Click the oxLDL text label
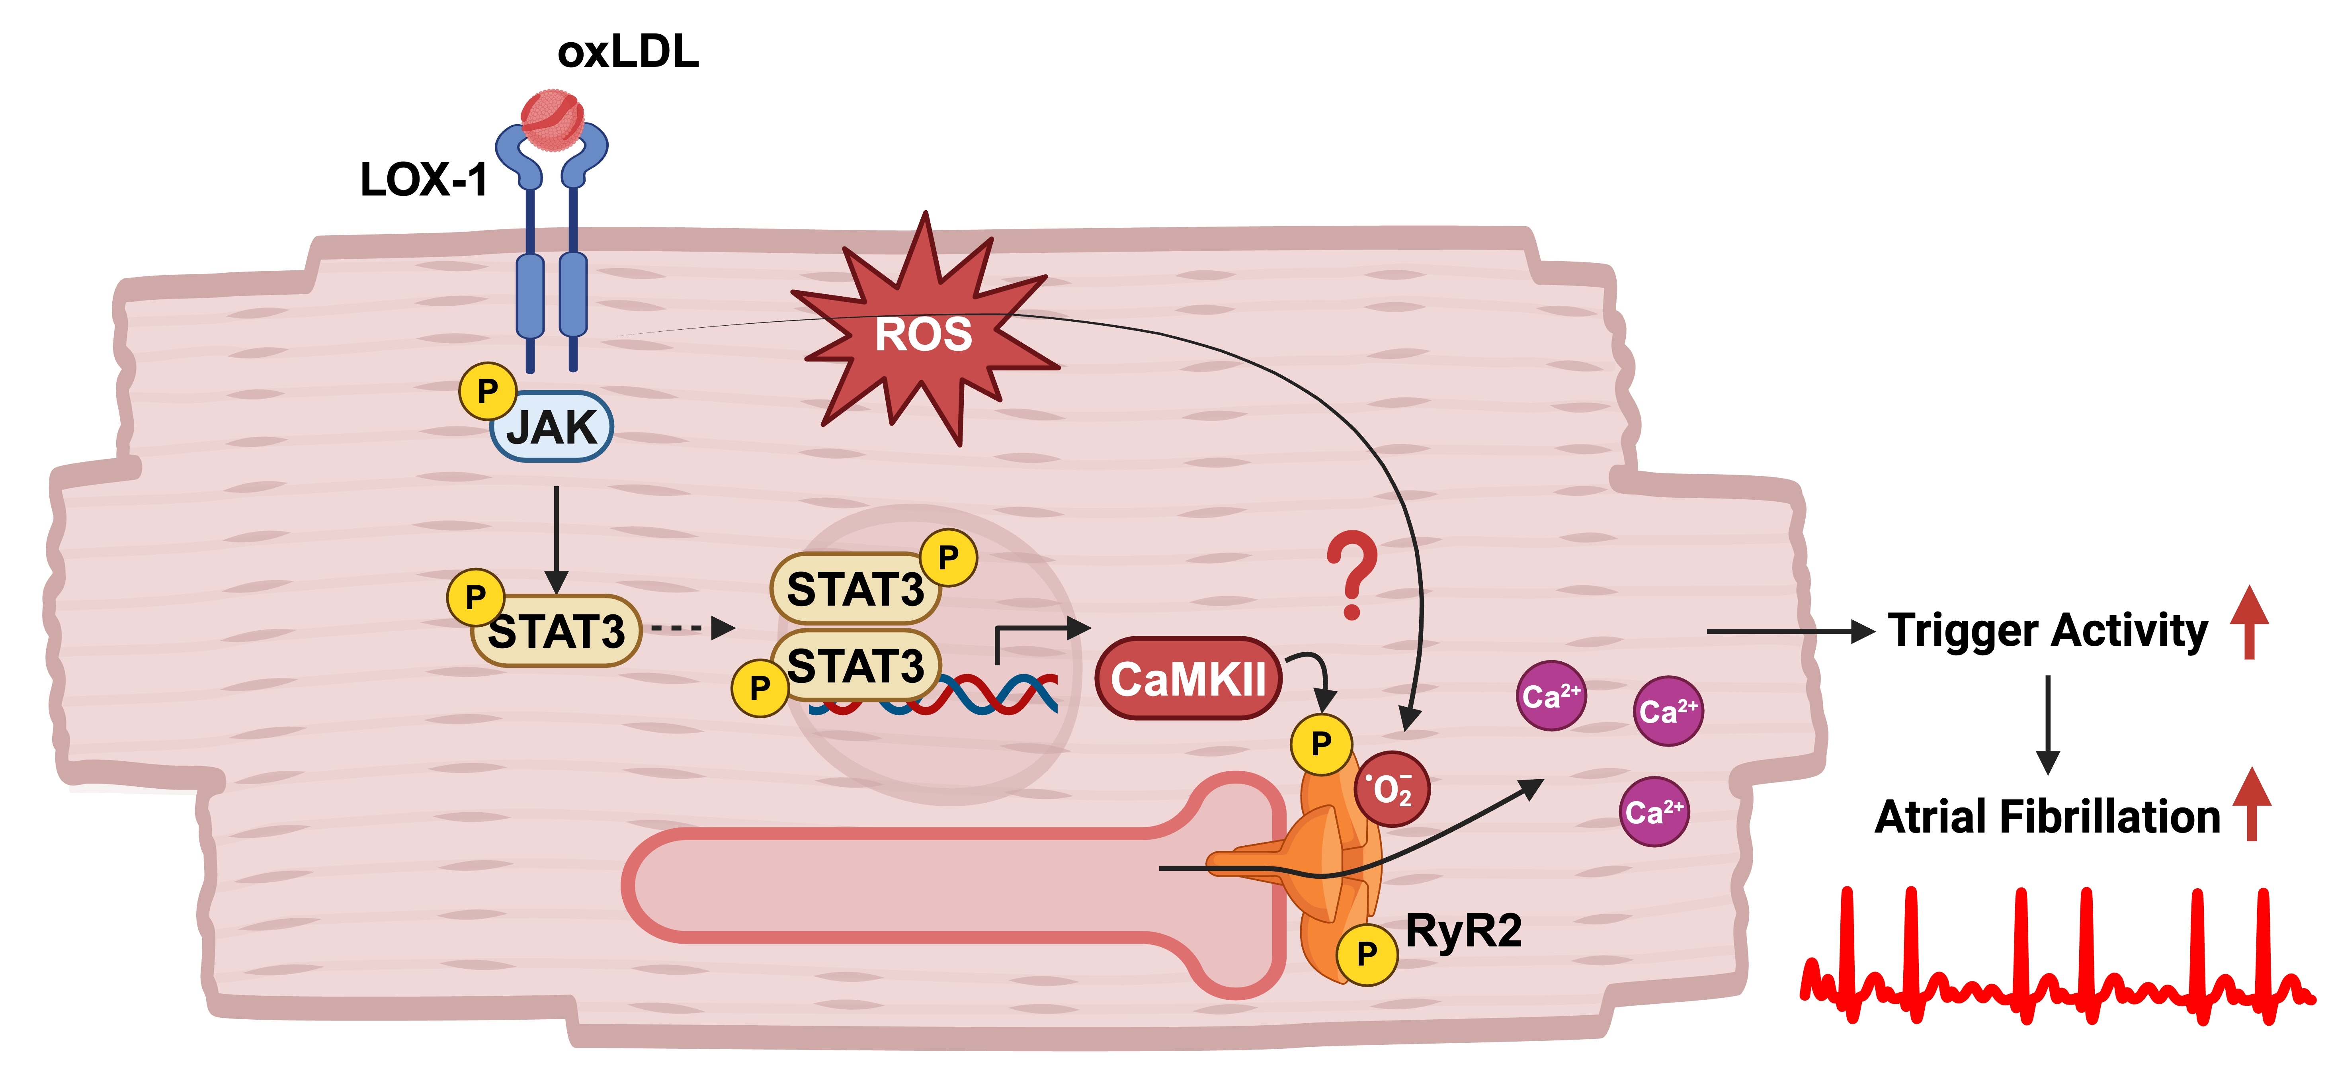(628, 52)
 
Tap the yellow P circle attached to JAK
(488, 391)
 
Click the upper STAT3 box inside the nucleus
(855, 589)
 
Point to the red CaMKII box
(1187, 678)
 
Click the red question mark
(1352, 575)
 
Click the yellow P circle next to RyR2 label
(1367, 954)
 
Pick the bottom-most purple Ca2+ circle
(1653, 811)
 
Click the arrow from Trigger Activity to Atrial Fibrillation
(2048, 724)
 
